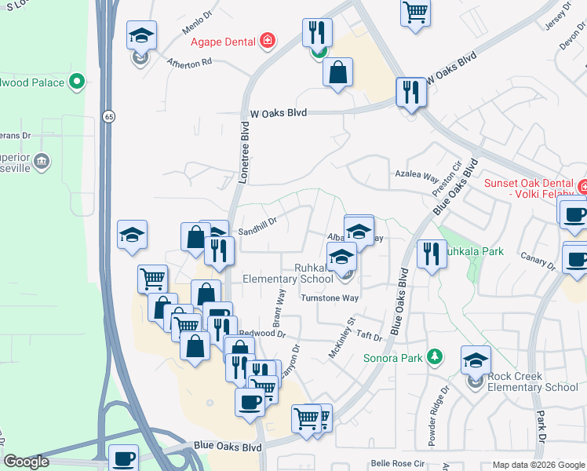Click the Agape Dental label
tap(223, 39)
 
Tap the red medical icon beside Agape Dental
tap(268, 39)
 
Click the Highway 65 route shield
tap(108, 116)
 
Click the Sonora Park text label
tap(394, 359)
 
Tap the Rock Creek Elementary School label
tap(532, 382)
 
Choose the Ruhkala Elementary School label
tap(288, 272)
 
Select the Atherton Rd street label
tap(189, 60)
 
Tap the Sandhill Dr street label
tap(258, 227)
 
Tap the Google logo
tap(27, 462)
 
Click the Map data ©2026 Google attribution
tap(538, 465)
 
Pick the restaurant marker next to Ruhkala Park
tap(431, 254)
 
